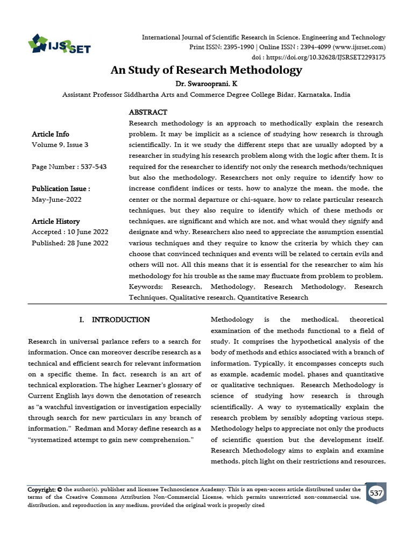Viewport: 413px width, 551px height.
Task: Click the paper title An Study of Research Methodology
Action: [x=206, y=70]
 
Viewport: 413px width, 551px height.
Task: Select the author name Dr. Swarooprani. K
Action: [x=206, y=84]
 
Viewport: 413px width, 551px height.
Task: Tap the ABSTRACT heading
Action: [x=148, y=112]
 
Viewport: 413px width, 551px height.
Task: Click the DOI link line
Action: [x=319, y=57]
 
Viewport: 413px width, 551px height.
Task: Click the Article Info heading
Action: [x=51, y=134]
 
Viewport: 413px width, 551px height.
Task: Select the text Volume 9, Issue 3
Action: [x=60, y=145]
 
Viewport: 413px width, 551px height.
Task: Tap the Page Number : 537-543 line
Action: [x=69, y=167]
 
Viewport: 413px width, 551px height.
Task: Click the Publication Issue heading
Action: [x=61, y=189]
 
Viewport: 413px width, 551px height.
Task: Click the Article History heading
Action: [x=56, y=221]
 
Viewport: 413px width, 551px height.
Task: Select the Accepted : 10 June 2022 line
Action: [x=70, y=232]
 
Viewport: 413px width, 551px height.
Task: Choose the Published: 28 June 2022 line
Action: [x=70, y=243]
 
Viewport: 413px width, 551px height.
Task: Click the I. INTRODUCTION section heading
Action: [x=114, y=320]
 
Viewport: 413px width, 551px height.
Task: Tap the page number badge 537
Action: [x=376, y=493]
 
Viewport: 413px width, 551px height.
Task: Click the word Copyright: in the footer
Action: [x=42, y=490]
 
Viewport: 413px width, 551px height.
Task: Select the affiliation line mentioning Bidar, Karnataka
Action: [x=206, y=94]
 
